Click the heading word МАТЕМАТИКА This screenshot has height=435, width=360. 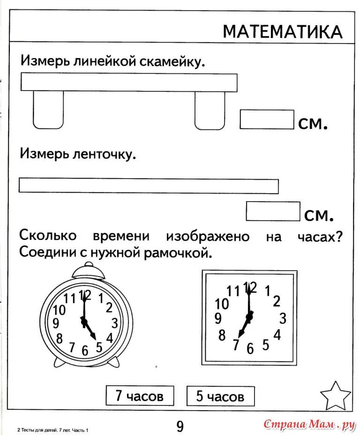[282, 32]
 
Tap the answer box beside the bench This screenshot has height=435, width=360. [267, 120]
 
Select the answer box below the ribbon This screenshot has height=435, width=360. [273, 211]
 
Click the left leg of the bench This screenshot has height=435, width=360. [48, 110]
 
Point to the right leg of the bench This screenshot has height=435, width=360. [210, 110]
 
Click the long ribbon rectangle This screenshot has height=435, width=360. [149, 186]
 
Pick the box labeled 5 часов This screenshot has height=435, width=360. [220, 397]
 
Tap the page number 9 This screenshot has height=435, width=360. [180, 426]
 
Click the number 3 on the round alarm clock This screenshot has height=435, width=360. [114, 322]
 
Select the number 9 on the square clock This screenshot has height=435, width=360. [218, 319]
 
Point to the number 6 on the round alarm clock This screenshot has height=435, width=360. [85, 350]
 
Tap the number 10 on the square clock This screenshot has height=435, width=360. [222, 304]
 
